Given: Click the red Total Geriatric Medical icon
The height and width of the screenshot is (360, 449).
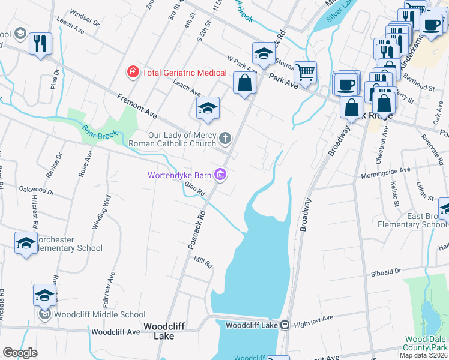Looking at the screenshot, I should (132, 72).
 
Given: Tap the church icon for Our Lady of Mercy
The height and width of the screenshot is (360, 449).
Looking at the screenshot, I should (225, 139).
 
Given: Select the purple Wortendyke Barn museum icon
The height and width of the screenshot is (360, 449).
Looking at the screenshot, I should (220, 175).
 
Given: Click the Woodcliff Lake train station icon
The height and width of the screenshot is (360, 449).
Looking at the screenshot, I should (285, 325).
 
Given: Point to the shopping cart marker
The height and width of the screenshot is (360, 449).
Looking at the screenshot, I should (306, 72).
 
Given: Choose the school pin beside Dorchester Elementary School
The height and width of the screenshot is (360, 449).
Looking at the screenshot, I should (25, 242).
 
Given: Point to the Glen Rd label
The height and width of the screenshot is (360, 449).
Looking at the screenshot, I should (195, 189).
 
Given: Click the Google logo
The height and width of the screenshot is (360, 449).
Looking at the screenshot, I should (20, 353).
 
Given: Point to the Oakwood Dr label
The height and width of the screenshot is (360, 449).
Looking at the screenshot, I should (36, 193).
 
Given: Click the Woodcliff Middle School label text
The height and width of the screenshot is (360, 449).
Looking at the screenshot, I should (99, 314).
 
